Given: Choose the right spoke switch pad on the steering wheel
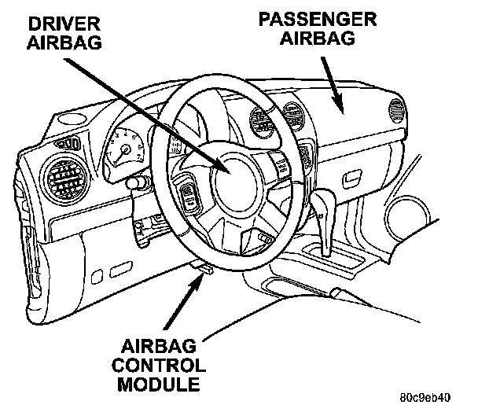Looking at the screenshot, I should coord(280,164).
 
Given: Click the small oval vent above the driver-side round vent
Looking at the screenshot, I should coord(68,144).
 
